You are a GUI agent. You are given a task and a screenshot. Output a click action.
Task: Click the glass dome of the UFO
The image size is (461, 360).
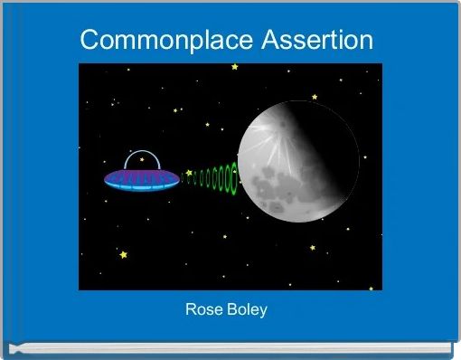point(141,161)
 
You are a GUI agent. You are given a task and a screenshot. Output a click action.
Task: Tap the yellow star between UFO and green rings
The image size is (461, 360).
point(188,172)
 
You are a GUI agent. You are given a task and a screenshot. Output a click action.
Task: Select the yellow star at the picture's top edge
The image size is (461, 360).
point(234,66)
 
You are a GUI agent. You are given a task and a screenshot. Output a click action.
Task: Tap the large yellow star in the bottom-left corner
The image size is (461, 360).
point(124,255)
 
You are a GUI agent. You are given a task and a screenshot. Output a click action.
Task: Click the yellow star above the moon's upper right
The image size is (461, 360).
point(315,96)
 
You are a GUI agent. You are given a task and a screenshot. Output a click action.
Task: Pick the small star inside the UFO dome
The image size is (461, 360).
point(142,159)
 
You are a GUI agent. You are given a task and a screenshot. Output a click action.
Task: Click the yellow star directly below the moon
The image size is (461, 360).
point(312,247)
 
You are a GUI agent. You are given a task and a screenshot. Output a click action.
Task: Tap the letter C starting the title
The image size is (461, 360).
point(89,41)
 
